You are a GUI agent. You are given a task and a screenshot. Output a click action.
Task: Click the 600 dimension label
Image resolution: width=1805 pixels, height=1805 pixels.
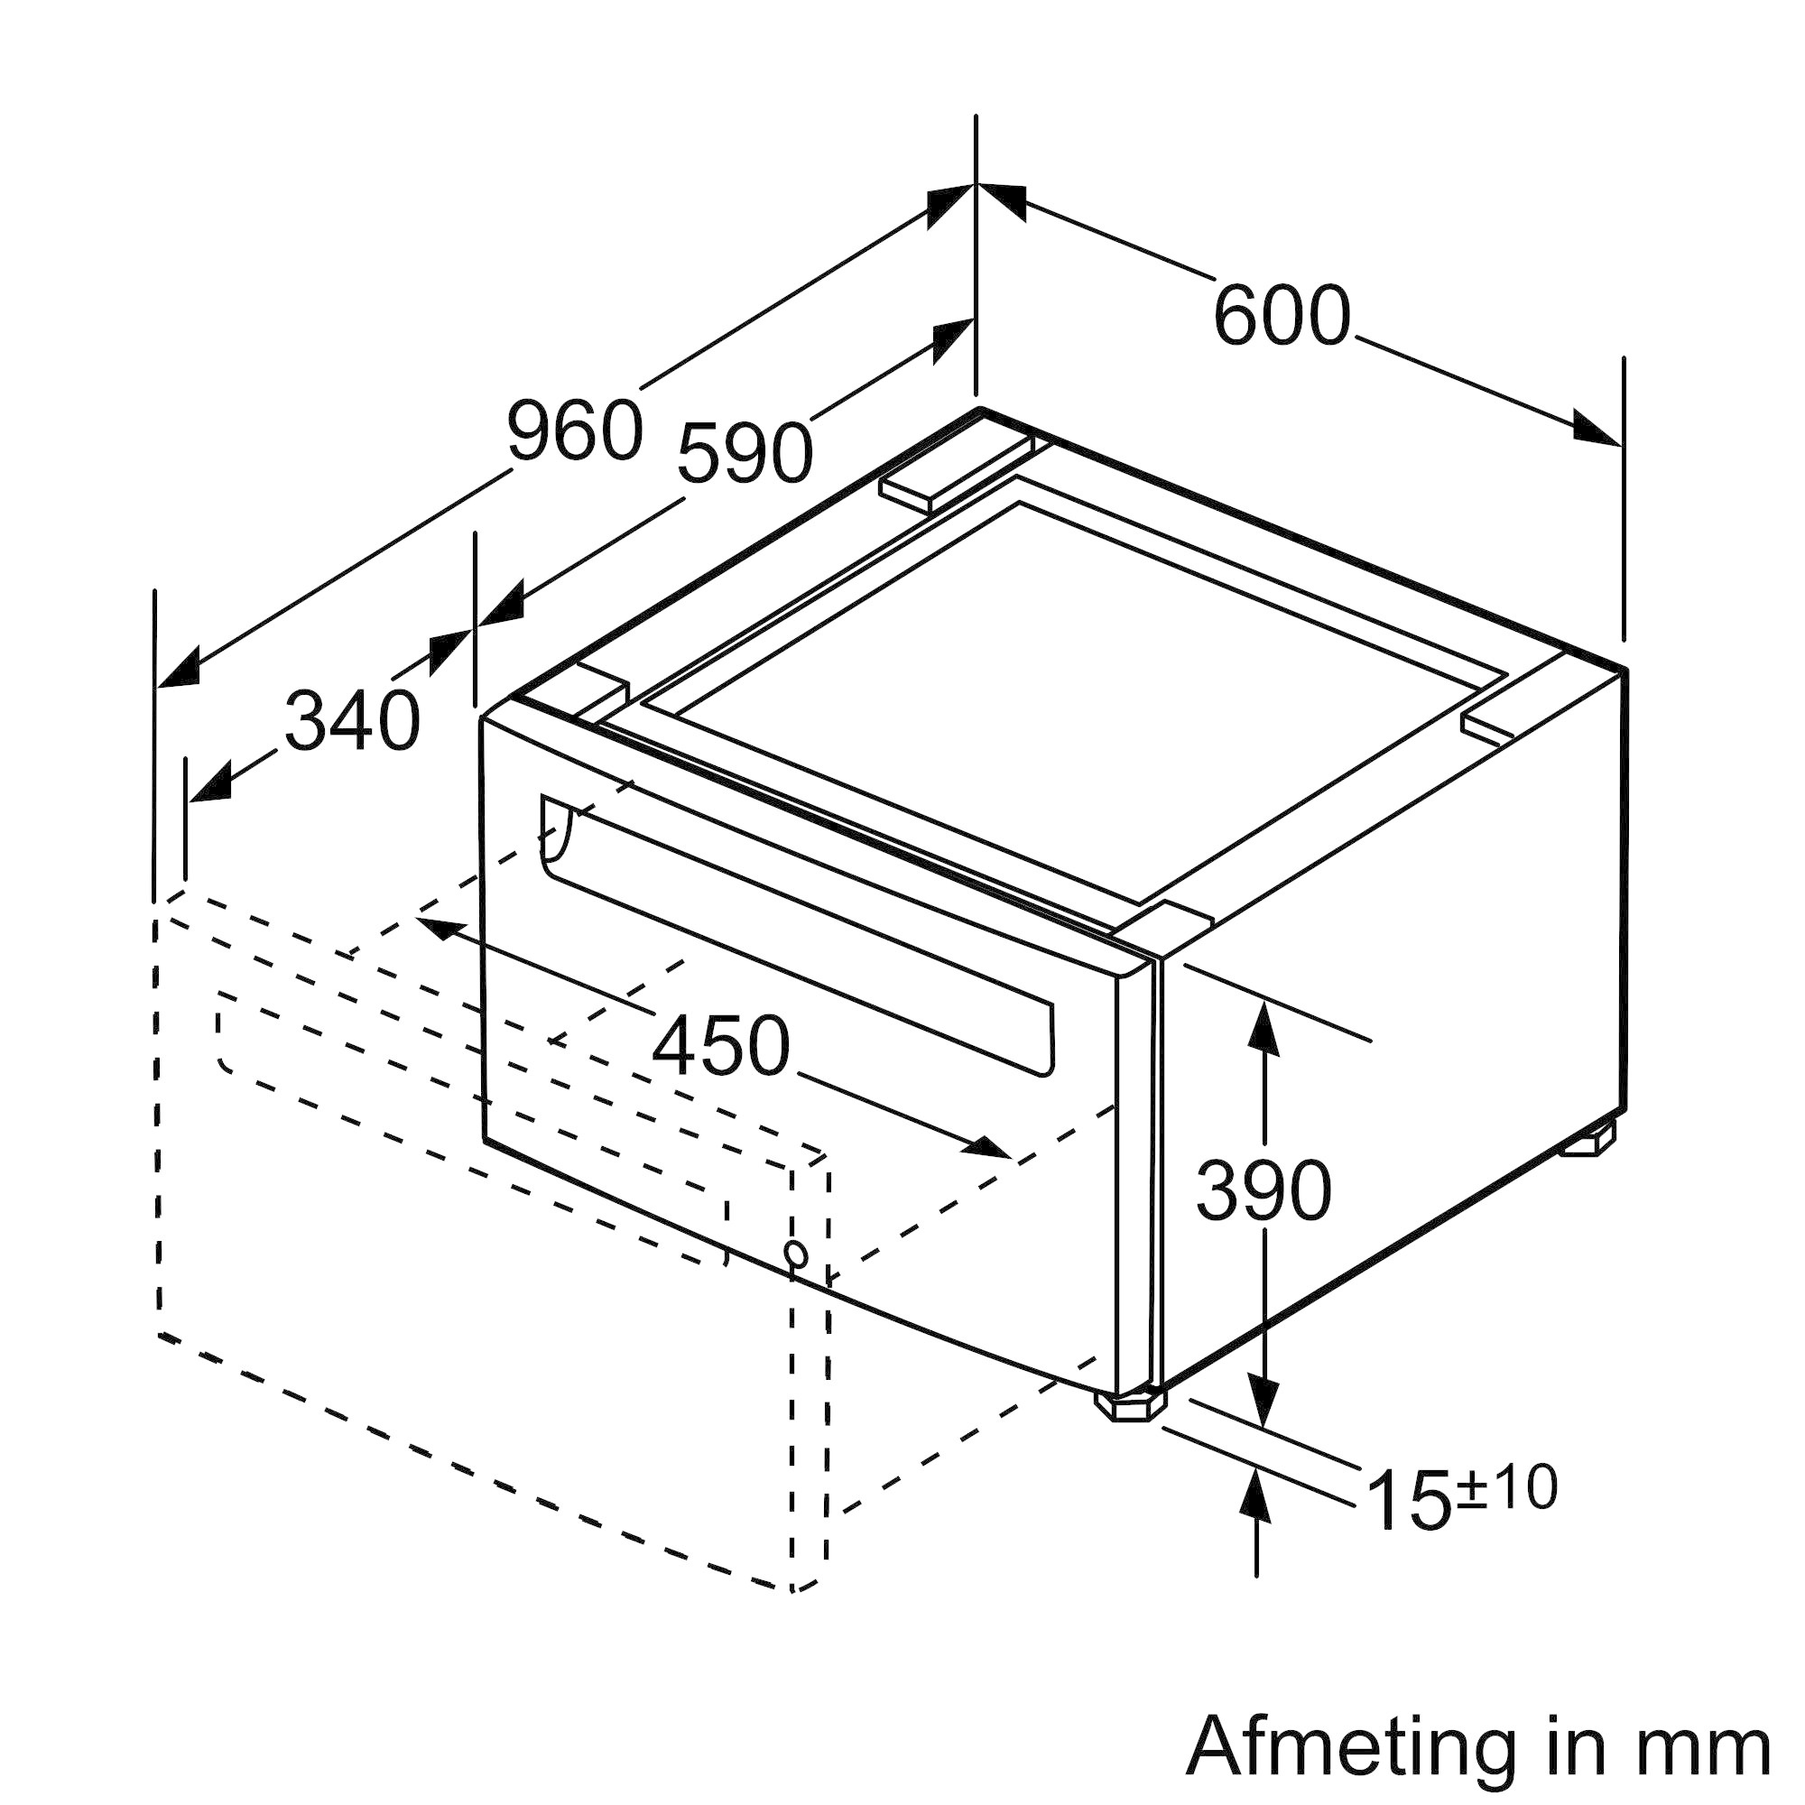(1281, 316)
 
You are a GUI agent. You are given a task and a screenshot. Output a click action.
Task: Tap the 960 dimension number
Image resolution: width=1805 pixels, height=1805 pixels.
(575, 430)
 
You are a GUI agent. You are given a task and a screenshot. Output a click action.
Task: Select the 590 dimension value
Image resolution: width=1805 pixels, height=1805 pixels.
(745, 453)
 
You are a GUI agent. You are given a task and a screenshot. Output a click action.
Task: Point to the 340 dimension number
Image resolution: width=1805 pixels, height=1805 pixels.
(352, 720)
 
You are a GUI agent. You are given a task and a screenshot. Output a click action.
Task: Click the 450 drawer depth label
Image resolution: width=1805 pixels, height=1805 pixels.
(720, 1045)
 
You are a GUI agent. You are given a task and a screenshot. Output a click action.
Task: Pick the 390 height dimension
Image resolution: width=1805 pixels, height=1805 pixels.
(1263, 1189)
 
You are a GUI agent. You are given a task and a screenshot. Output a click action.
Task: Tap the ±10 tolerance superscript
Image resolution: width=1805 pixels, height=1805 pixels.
(1506, 1486)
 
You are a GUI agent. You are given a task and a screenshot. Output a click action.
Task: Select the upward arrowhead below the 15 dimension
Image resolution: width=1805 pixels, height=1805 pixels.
(1257, 1496)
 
